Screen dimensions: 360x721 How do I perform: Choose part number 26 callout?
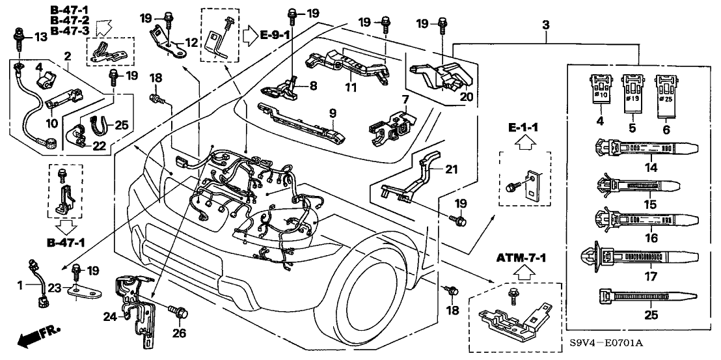click(x=179, y=334)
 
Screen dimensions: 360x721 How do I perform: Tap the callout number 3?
click(x=545, y=24)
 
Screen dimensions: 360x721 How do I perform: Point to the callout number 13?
click(x=40, y=37)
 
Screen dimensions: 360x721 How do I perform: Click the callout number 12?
click(x=190, y=42)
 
